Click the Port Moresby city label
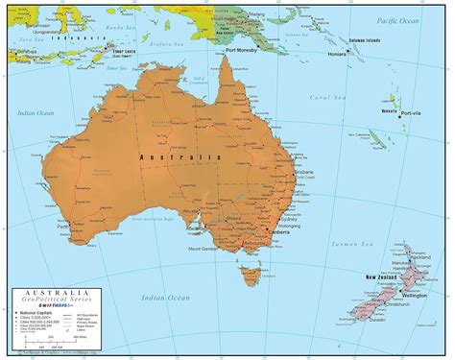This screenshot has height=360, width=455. point(242,49)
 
